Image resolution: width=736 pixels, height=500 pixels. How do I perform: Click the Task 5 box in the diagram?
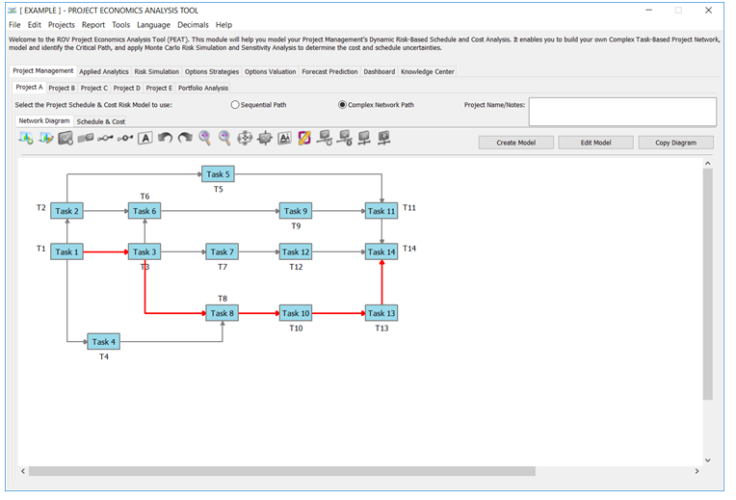[218, 174]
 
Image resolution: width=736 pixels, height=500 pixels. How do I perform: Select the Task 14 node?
[381, 251]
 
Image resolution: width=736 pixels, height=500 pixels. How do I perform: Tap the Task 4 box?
[104, 342]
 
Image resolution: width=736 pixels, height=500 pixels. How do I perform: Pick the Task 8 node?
[222, 313]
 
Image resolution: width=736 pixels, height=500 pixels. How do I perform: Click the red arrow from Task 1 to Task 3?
[106, 252]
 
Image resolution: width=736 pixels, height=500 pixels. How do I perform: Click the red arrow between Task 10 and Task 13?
[338, 313]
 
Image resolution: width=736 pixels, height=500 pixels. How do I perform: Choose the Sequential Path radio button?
[235, 105]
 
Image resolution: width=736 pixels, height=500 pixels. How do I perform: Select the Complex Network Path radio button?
[342, 105]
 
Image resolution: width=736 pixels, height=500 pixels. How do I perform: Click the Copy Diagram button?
[676, 143]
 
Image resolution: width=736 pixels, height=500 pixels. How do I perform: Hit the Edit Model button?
[595, 143]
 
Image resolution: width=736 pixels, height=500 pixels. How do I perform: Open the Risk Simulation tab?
[157, 72]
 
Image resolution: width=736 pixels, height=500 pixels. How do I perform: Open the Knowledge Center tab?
[427, 72]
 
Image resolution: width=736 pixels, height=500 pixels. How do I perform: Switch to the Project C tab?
[93, 88]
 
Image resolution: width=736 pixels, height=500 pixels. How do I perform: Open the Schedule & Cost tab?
[101, 121]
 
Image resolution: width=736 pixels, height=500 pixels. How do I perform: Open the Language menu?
[153, 25]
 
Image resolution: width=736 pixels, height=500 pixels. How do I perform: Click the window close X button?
[708, 11]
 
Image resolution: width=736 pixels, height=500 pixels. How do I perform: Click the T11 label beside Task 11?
[408, 207]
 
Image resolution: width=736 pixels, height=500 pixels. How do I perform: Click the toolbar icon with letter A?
[145, 138]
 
